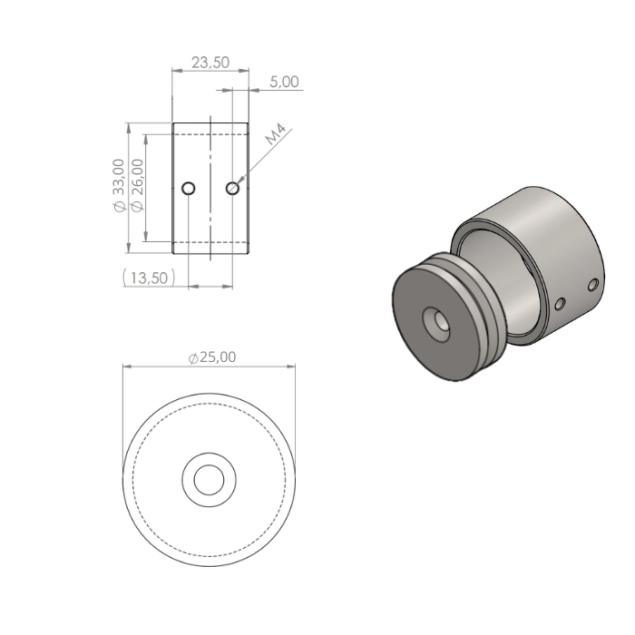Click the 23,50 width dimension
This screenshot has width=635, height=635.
(x=210, y=63)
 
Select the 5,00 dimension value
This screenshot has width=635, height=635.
(x=284, y=82)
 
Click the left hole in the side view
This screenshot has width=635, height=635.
(x=188, y=189)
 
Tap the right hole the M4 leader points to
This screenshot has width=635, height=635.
(x=233, y=189)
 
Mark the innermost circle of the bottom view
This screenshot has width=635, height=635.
(x=210, y=478)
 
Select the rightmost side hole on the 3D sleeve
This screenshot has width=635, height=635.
(x=593, y=285)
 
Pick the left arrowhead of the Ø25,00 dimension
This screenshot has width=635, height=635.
(x=128, y=367)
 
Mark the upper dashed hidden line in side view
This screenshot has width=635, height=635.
(x=210, y=132)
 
